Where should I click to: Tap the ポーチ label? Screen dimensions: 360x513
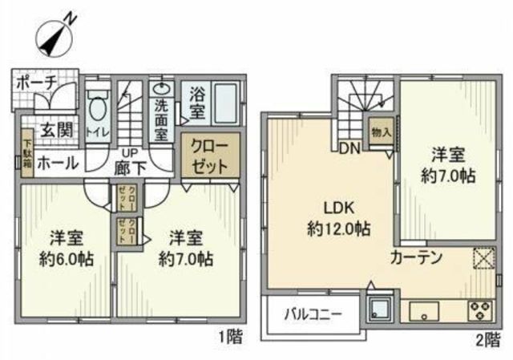tap(34, 83)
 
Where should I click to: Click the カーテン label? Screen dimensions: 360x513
tap(417, 258)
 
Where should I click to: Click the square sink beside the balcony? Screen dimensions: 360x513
tap(377, 309)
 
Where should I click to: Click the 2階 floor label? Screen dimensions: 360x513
tap(491, 339)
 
